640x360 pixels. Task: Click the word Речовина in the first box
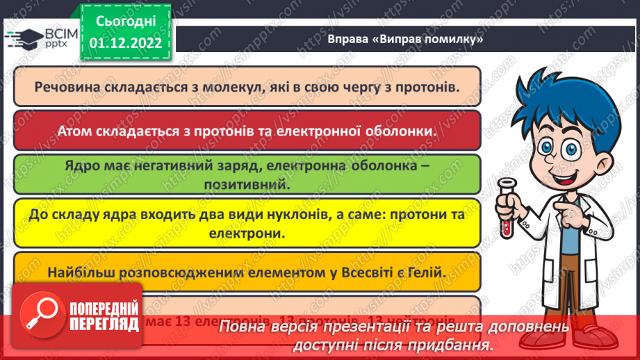coord(65,88)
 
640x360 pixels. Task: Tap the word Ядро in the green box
coord(82,167)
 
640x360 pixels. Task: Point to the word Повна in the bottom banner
coord(242,327)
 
